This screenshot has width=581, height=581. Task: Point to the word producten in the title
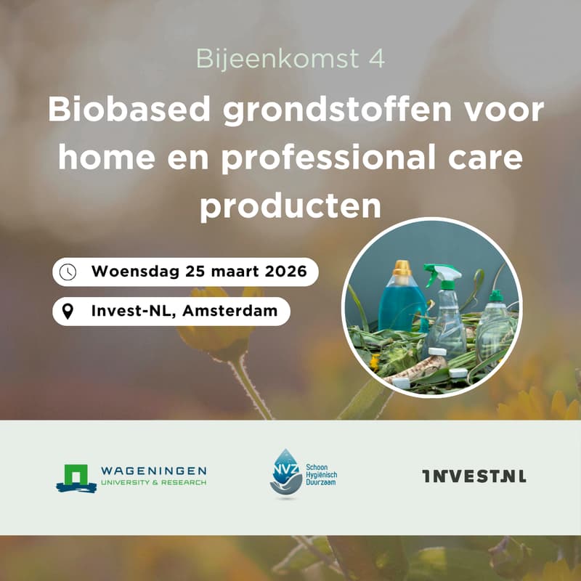coord(290,206)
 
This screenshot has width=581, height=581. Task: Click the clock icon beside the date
coord(68,272)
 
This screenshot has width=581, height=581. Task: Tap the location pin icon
coord(68,312)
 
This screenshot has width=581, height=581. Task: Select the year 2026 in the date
coord(278,272)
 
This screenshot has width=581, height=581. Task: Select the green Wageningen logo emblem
coord(76,477)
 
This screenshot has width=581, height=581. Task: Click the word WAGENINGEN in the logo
coord(153,471)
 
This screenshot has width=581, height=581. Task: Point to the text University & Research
coord(153,482)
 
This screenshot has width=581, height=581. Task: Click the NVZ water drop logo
coord(285,472)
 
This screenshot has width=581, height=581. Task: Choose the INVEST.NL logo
coord(474,476)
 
